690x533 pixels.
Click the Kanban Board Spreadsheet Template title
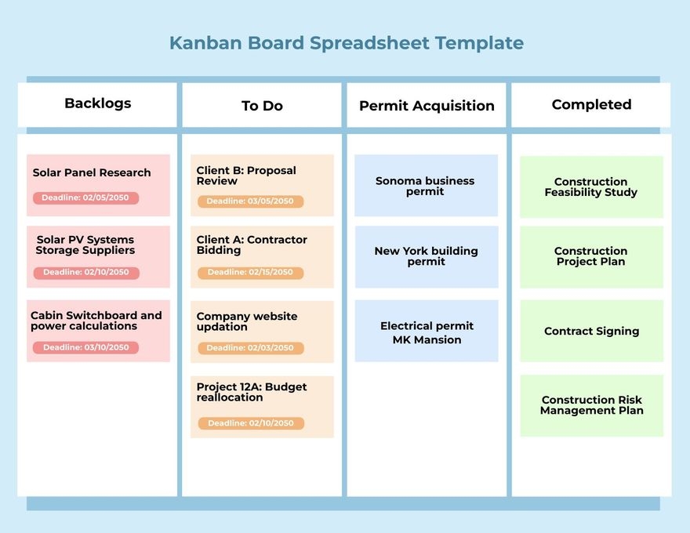coord(346,43)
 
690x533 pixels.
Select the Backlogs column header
coord(98,103)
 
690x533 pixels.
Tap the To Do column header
coord(262,106)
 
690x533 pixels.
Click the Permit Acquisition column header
coord(427,106)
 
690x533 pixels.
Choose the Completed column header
coord(591,104)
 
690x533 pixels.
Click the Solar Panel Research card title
coord(92,172)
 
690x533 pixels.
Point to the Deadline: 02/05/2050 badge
coord(85,198)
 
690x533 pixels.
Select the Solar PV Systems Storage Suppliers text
coord(85,245)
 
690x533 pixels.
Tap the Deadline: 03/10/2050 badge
coord(85,347)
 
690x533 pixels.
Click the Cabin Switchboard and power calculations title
coord(96,321)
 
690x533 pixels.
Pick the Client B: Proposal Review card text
coord(246,176)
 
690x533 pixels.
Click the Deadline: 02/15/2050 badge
coord(250,273)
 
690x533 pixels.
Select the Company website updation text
coord(247,321)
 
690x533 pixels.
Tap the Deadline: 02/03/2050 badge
coord(250,348)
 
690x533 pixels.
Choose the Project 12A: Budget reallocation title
coord(252,392)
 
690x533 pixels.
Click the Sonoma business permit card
coord(426,186)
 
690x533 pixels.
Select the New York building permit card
coord(426,256)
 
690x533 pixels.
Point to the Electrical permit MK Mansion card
coord(426,332)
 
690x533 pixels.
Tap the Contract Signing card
coord(591,331)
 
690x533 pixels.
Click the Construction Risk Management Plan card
coord(591,405)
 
